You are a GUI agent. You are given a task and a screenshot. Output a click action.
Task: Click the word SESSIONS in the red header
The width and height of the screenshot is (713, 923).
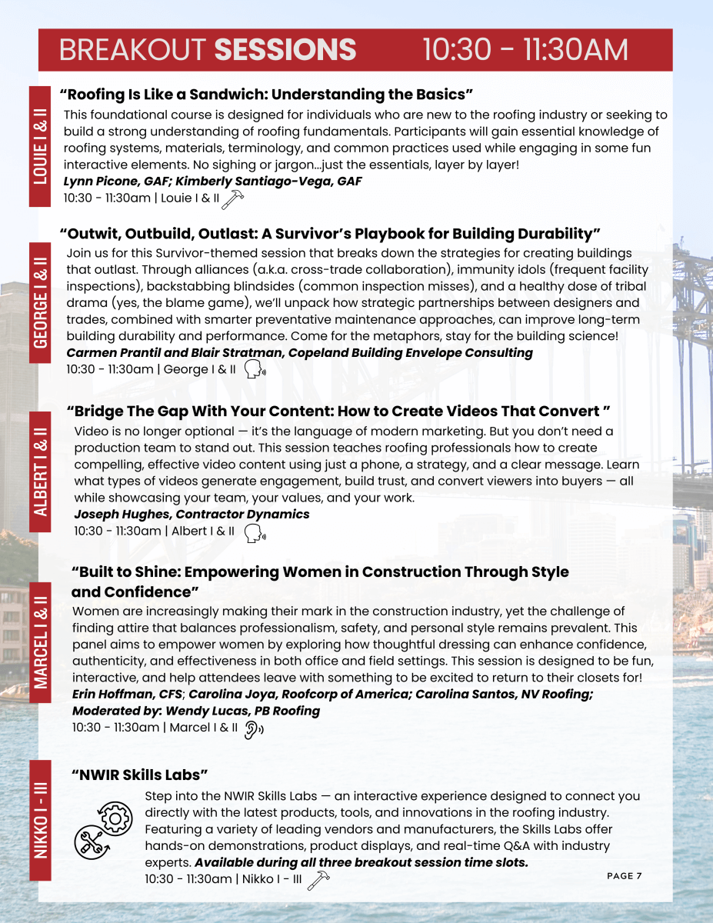coord(285,50)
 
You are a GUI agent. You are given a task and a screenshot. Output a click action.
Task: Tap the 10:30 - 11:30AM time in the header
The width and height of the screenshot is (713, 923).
coord(525,50)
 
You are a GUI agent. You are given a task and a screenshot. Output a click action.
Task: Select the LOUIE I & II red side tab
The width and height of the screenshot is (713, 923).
coord(40,146)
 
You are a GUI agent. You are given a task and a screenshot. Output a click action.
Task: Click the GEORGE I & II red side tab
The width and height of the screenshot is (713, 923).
coord(40,299)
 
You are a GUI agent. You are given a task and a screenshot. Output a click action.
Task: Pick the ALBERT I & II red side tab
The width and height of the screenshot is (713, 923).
coord(40,471)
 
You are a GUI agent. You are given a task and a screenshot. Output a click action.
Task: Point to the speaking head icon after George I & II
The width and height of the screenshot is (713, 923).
coord(255,371)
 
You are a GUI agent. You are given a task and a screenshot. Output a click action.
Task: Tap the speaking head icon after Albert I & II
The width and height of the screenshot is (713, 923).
coord(254,532)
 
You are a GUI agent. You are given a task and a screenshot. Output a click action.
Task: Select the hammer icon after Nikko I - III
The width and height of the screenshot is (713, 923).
coord(317,881)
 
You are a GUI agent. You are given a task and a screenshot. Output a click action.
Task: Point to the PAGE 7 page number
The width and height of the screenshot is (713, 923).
coord(624,876)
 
